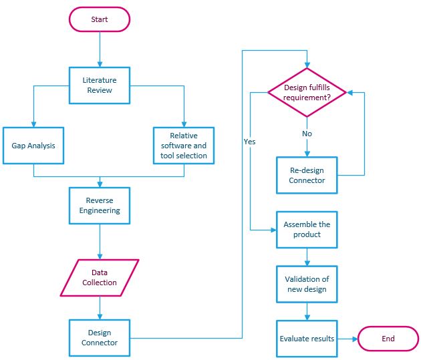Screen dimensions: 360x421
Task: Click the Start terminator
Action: click(x=100, y=19)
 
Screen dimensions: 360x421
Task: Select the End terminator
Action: click(x=388, y=339)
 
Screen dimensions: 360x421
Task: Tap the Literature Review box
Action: click(x=100, y=85)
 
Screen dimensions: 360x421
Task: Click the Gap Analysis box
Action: click(x=33, y=145)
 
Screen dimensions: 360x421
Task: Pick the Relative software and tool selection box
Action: click(x=184, y=145)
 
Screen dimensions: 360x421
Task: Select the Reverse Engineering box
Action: click(x=100, y=205)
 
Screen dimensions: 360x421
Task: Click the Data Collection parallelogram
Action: click(x=100, y=277)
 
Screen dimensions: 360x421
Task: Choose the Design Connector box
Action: click(x=100, y=337)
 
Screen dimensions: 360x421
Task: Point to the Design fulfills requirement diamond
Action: click(x=307, y=92)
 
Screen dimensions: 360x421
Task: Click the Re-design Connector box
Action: click(x=307, y=175)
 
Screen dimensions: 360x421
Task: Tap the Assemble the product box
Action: click(x=307, y=229)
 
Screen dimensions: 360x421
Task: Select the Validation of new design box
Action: click(x=307, y=283)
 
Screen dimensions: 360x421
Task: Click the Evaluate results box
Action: click(x=307, y=339)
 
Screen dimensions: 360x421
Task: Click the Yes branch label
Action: click(x=250, y=142)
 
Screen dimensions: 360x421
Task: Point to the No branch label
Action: click(x=307, y=133)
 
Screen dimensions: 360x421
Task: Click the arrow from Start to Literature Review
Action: click(x=100, y=48)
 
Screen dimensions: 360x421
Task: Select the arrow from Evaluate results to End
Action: click(x=347, y=339)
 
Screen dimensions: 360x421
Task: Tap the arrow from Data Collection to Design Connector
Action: click(x=100, y=307)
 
